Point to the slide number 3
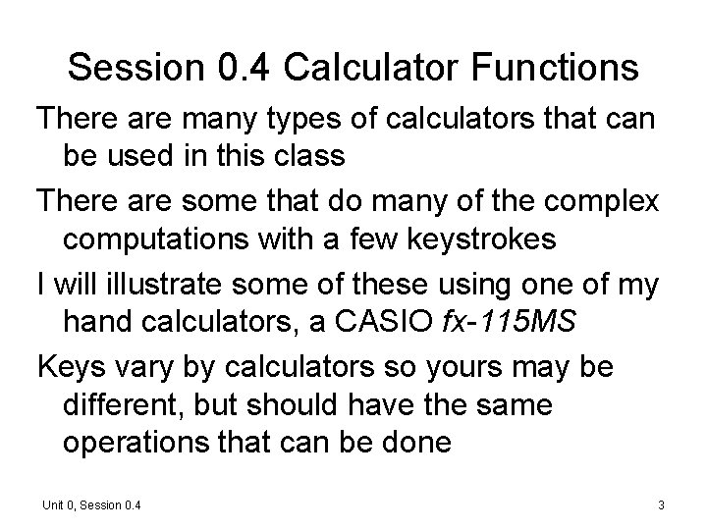click(662, 504)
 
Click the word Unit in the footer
click(52, 504)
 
